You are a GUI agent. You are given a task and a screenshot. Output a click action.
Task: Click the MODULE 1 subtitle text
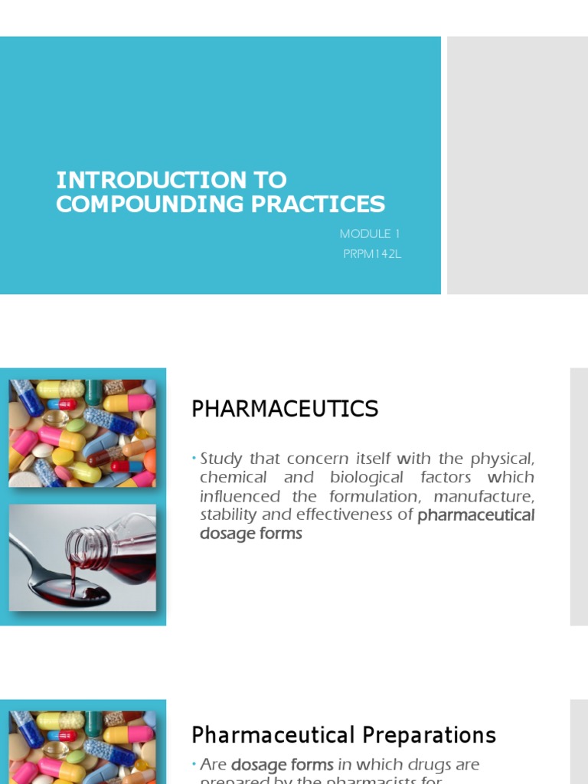tap(370, 234)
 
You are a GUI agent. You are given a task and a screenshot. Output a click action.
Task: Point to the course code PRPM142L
tap(372, 254)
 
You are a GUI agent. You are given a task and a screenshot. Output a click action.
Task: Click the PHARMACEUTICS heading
tap(285, 410)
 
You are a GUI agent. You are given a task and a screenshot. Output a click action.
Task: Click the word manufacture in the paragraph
tap(484, 496)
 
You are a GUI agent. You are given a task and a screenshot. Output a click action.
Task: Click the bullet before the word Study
tap(194, 459)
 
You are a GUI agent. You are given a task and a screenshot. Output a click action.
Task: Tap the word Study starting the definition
tap(220, 459)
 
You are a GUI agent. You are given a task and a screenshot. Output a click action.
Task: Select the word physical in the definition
tap(502, 459)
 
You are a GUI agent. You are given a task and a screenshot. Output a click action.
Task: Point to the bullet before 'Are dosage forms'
tap(194, 763)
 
